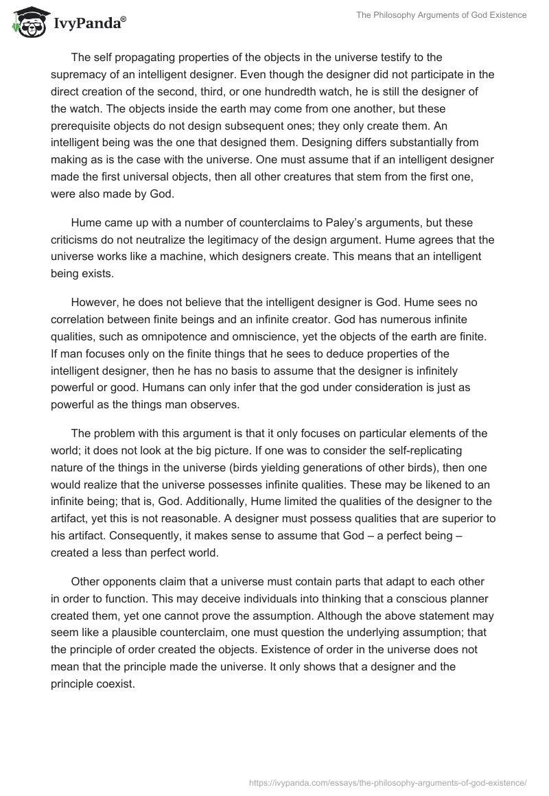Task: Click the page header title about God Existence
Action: pyautogui.click(x=441, y=14)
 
